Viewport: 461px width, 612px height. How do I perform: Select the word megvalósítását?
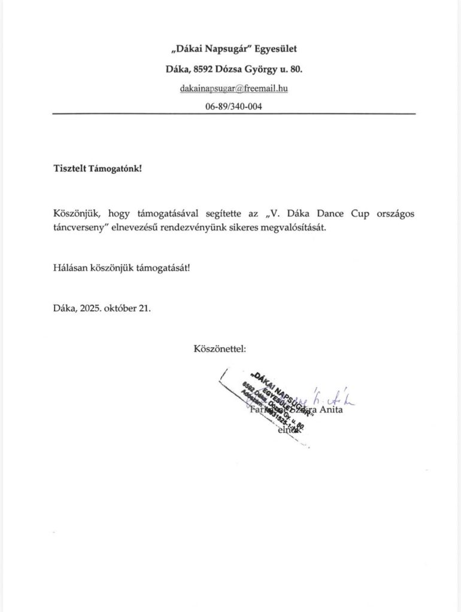coord(313,228)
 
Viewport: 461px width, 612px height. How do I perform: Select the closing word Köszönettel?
coord(219,348)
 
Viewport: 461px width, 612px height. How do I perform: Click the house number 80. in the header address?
coord(295,69)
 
